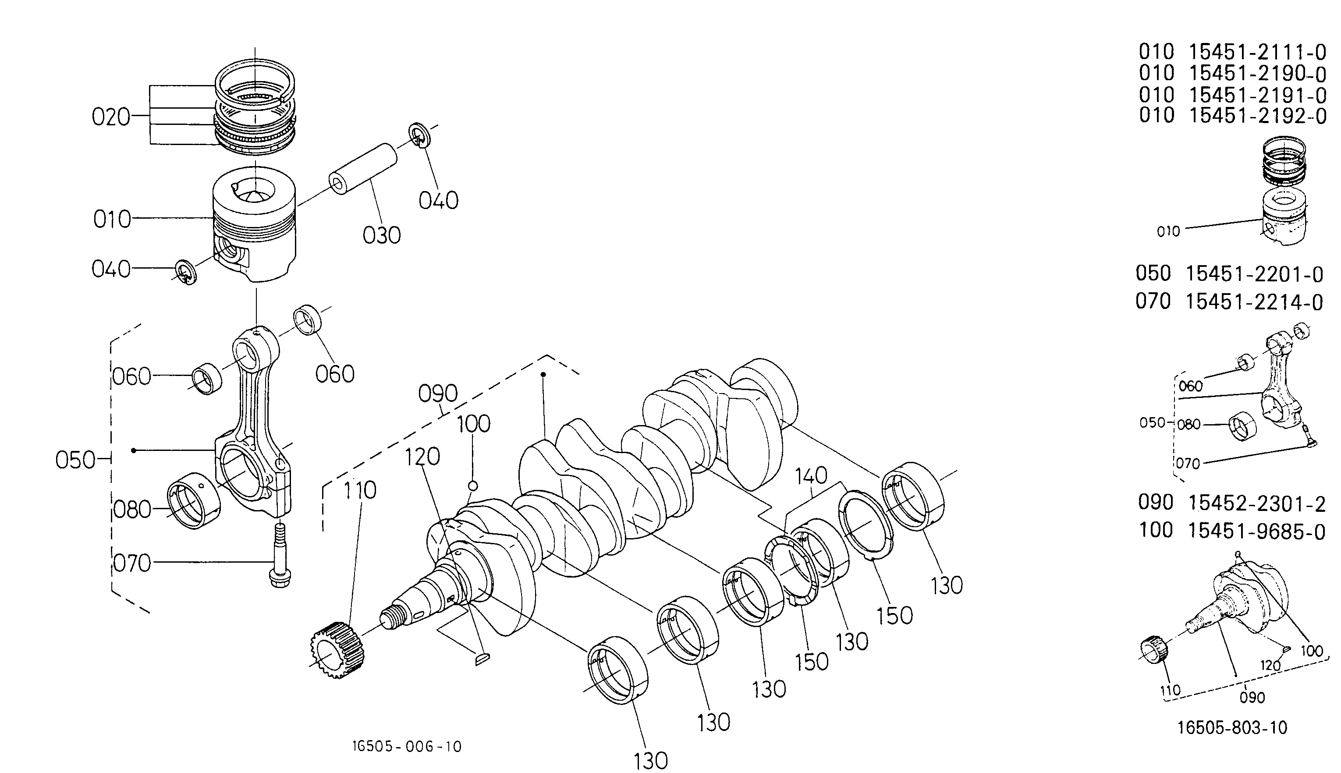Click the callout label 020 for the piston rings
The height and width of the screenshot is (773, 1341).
pos(111,117)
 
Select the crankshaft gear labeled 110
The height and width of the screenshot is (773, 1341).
pos(337,650)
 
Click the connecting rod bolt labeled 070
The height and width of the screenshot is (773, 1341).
pos(279,555)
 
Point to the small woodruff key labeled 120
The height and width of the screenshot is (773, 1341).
pos(482,660)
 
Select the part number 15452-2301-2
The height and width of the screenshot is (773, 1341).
pos(1256,504)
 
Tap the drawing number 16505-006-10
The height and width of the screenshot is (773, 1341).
pos(407,746)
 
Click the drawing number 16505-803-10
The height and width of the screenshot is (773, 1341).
pos(1233,727)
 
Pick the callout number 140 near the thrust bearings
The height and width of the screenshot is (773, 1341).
pos(811,476)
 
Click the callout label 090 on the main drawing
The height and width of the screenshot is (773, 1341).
pos(438,394)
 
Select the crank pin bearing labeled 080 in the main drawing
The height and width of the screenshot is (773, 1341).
pos(194,500)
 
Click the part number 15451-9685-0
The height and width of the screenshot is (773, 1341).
pos(1256,531)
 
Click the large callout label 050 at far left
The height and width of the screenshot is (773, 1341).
pos(75,460)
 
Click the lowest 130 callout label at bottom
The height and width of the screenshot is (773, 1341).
pos(651,760)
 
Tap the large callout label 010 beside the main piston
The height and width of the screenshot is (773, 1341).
pos(112,219)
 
